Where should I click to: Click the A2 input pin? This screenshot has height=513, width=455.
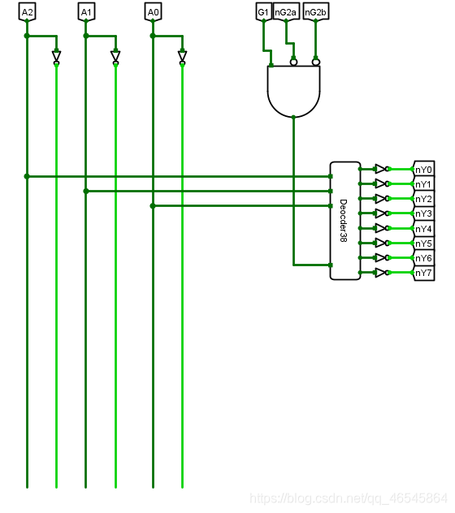click(x=27, y=12)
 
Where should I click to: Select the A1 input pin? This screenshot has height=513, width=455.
click(x=86, y=12)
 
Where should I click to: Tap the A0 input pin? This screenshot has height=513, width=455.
click(x=153, y=12)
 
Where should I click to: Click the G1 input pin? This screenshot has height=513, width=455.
click(x=263, y=12)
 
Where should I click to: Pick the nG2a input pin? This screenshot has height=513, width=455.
click(x=286, y=12)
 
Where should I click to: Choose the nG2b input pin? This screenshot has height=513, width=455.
click(x=316, y=12)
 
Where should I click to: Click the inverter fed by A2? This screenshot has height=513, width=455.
click(x=56, y=57)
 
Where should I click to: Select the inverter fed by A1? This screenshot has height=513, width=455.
click(x=115, y=57)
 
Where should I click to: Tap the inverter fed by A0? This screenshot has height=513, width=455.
click(x=183, y=57)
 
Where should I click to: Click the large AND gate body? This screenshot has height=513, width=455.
click(x=293, y=90)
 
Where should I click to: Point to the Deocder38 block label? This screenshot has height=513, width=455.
click(x=343, y=221)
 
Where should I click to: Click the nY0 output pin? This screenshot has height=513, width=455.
click(x=424, y=170)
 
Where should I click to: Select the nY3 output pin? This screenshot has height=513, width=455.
click(x=424, y=213)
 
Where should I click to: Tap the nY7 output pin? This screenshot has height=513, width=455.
click(x=424, y=273)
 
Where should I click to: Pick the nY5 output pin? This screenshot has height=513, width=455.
click(x=424, y=244)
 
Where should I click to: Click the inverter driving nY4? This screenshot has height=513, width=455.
click(x=382, y=228)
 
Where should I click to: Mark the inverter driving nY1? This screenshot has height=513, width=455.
click(x=382, y=183)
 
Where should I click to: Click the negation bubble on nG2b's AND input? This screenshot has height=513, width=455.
click(x=316, y=62)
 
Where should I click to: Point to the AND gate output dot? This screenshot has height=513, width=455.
click(x=293, y=117)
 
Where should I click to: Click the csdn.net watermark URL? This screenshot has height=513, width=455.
click(x=349, y=498)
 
